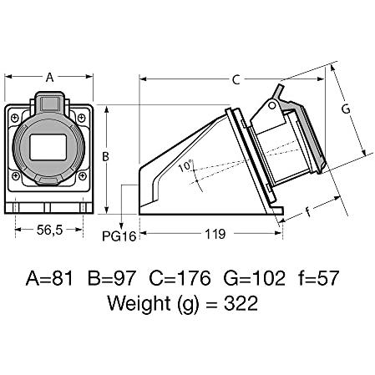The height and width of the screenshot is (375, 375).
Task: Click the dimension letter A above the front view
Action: [49, 78]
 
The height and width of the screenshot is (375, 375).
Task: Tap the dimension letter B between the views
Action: [105, 157]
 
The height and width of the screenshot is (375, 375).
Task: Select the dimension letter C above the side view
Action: [236, 80]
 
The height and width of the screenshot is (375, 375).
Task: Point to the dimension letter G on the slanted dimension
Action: [346, 109]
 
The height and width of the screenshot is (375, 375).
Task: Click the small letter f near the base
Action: [307, 211]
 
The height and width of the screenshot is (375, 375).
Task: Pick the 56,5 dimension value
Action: [49, 230]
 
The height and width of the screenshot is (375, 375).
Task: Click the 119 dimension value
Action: [215, 234]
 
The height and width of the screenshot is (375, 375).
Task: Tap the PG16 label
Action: [119, 236]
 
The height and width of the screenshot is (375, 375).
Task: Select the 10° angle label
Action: [185, 166]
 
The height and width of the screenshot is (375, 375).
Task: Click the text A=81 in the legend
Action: [49, 278]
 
